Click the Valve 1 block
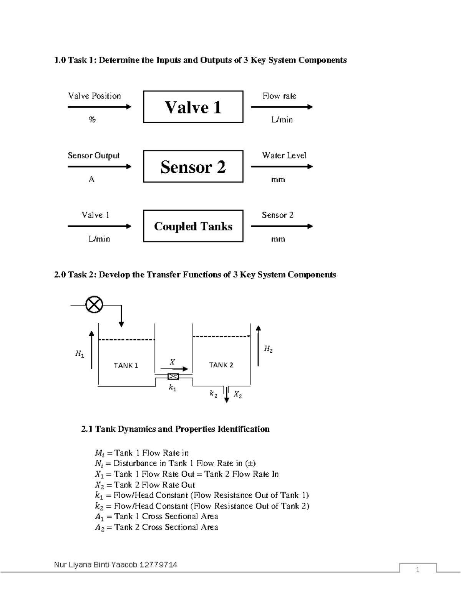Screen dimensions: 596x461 (x=193, y=107)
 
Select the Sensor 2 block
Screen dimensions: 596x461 (x=193, y=167)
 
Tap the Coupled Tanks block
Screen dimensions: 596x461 (x=193, y=226)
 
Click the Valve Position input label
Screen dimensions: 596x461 (x=95, y=96)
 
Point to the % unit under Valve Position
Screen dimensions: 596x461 (x=92, y=120)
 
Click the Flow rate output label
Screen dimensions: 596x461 (x=279, y=96)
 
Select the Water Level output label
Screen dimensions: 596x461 (x=284, y=155)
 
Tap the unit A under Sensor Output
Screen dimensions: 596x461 (x=91, y=179)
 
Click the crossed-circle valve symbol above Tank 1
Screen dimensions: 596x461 (x=94, y=305)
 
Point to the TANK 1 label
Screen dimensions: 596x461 (x=126, y=365)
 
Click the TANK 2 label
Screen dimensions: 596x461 (x=221, y=365)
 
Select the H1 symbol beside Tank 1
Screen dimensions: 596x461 (x=80, y=354)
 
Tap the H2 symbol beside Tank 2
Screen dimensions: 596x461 (x=268, y=349)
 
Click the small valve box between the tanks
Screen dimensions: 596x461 (x=173, y=376)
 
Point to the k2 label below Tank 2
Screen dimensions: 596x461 (x=213, y=394)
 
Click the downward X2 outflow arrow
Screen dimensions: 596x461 (x=227, y=395)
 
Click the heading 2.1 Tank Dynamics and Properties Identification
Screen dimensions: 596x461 (x=175, y=429)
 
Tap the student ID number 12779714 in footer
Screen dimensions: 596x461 (x=159, y=565)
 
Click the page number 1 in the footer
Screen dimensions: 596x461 (x=418, y=570)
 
